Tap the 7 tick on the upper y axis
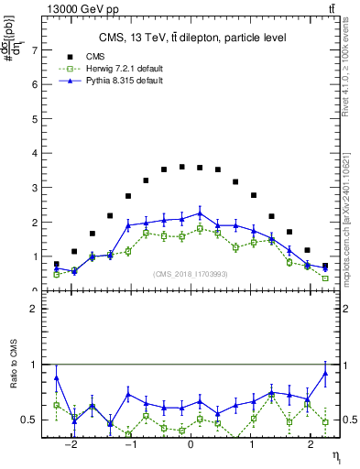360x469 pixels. click(x=36, y=49)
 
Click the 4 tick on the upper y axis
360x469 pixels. click(x=36, y=153)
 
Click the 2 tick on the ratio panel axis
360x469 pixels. click(x=35, y=309)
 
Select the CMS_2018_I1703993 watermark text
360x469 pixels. click(x=190, y=274)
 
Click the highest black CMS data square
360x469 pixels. click(x=181, y=167)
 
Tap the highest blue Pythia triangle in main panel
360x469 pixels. click(x=199, y=213)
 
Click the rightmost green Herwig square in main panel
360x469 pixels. click(x=324, y=278)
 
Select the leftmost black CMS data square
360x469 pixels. click(x=56, y=264)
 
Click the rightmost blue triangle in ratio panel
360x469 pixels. click(x=324, y=373)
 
